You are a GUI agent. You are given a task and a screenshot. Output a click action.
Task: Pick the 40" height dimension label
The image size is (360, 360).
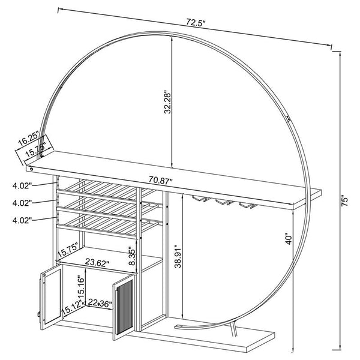pos(289,239)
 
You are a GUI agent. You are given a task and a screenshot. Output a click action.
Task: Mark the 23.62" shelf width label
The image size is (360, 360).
pos(96,262)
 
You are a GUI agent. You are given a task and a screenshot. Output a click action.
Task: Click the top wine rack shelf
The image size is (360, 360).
pos(102,187)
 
